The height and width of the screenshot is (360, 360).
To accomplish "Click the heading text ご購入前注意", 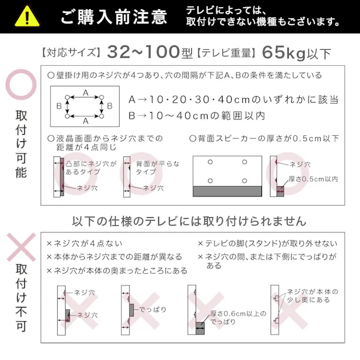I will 114,17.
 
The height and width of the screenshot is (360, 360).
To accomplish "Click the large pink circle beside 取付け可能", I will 21,85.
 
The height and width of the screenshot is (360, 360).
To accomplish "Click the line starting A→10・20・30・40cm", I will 233,99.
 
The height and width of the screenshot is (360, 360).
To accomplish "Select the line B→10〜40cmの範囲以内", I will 196,116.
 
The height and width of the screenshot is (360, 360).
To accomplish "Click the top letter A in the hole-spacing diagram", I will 85,93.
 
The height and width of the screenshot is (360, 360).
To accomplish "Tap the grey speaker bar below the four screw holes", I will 227,191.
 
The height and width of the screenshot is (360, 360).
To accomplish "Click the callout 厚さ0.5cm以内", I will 313,179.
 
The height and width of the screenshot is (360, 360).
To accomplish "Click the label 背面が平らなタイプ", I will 158,168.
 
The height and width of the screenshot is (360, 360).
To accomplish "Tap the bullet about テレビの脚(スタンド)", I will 267,243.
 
